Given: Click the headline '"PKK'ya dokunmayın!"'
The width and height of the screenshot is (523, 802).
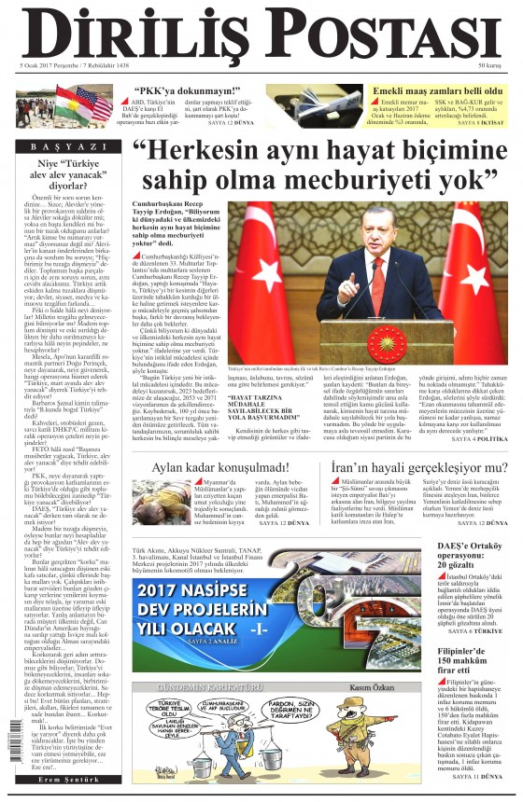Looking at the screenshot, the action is click(184, 91).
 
